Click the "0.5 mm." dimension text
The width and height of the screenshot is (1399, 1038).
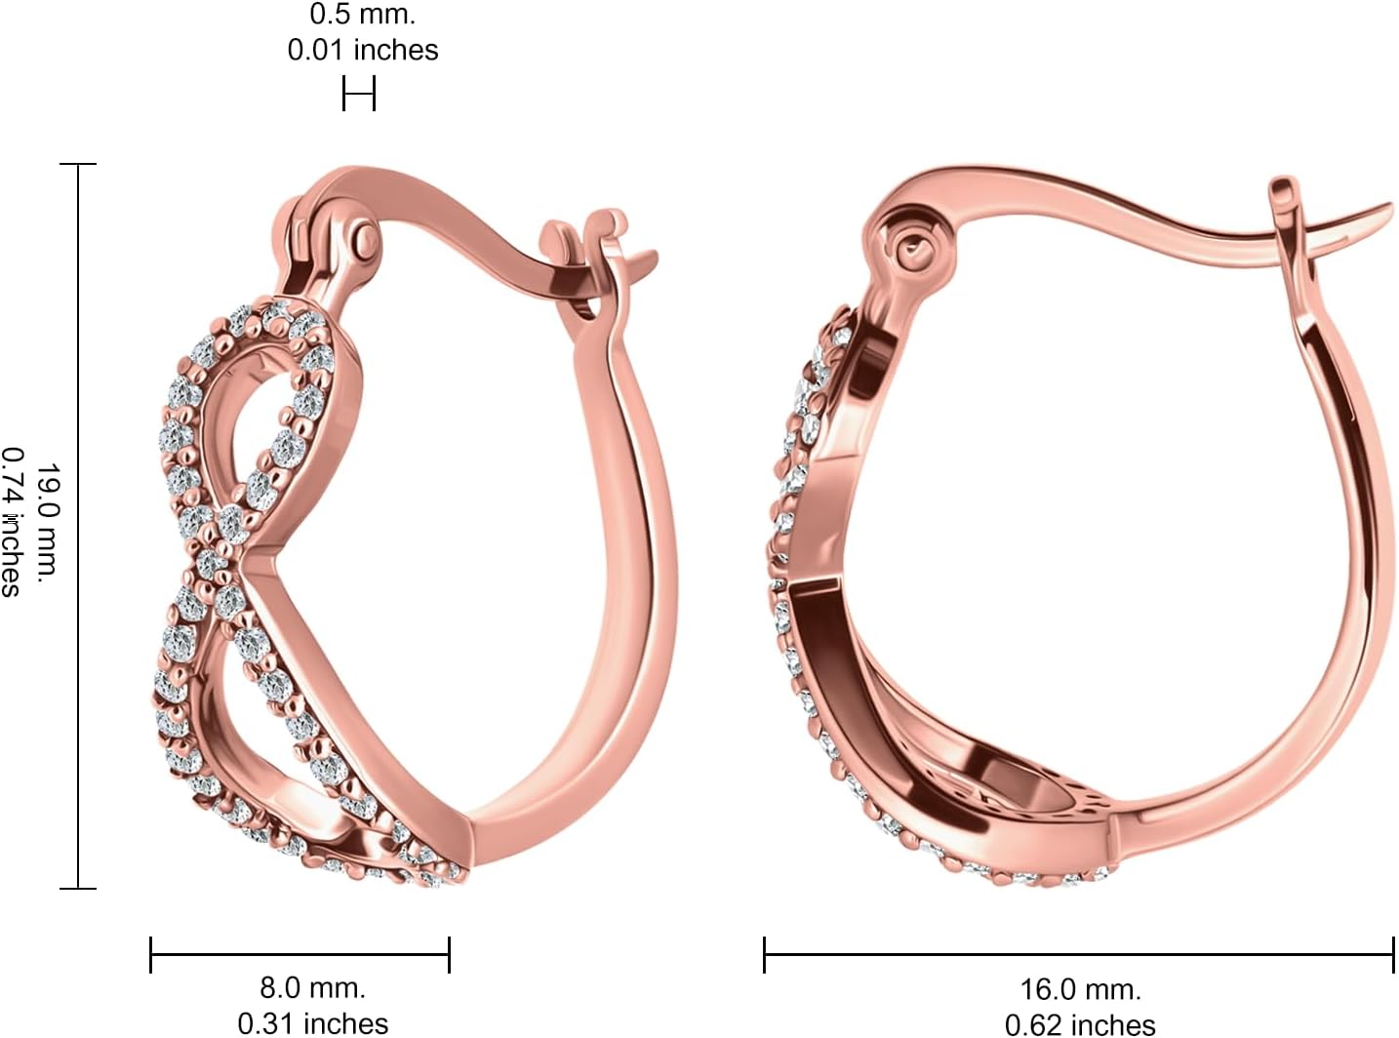(362, 15)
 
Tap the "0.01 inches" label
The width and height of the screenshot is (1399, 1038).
(362, 50)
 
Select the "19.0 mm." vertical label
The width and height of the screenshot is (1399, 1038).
(49, 523)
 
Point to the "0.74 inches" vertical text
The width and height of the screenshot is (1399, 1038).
(12, 523)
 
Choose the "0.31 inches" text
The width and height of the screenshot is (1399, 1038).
(312, 1022)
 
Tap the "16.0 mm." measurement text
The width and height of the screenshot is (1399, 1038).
(1080, 989)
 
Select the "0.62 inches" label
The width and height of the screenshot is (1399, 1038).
(1080, 1024)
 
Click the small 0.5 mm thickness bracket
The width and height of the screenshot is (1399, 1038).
(359, 95)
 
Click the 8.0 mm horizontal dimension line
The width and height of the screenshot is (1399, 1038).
(300, 954)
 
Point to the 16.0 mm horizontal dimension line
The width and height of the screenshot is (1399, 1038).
(1078, 955)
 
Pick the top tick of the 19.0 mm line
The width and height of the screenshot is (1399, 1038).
(78, 165)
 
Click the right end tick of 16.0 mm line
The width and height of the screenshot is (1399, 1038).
(1392, 954)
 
